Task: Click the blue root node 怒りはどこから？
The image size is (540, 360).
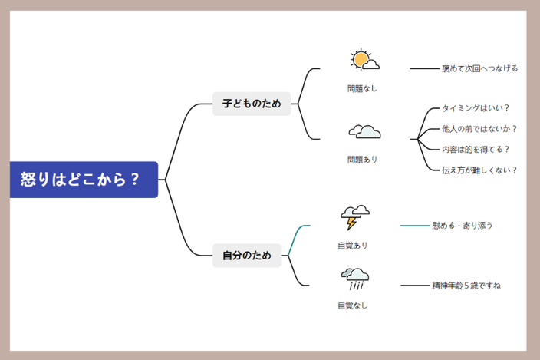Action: (84, 180)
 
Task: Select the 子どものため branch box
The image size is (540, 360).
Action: (252, 104)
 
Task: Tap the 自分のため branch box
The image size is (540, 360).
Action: (246, 256)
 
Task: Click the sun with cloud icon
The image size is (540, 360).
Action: (364, 60)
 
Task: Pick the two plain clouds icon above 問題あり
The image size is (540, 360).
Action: (364, 132)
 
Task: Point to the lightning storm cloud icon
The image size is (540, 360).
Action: (355, 217)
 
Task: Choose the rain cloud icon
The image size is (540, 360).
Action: (355, 279)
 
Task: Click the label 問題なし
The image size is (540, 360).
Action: (362, 89)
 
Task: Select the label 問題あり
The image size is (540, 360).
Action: (362, 160)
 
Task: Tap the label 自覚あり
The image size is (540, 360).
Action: (353, 246)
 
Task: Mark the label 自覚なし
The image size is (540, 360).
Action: (353, 306)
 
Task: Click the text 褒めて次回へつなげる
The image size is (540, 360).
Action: (479, 68)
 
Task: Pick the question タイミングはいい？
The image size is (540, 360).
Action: (476, 108)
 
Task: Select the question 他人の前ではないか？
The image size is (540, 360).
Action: (479, 129)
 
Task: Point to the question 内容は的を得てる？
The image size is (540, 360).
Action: (476, 150)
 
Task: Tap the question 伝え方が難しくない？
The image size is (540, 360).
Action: (479, 170)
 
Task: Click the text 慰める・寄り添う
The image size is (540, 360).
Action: (463, 226)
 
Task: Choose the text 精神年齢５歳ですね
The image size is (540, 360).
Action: (466, 286)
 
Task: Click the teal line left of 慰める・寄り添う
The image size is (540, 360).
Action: (415, 226)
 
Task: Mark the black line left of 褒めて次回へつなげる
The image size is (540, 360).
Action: (425, 68)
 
